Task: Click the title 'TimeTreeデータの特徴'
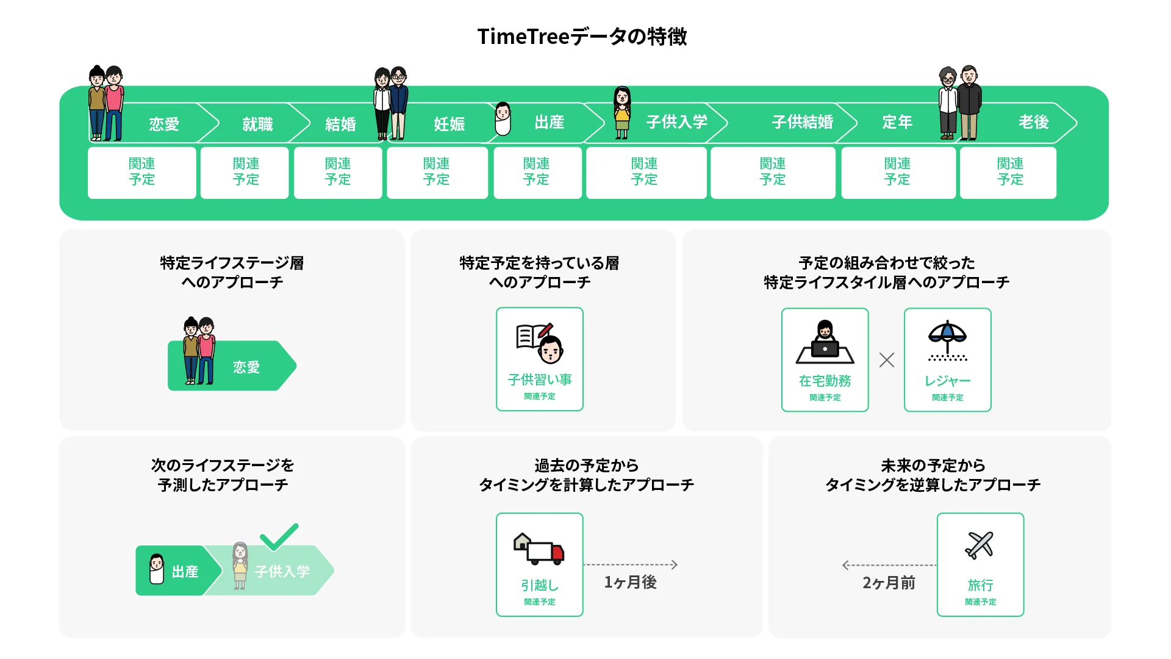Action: coord(582,37)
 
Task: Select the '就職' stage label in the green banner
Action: coord(257,124)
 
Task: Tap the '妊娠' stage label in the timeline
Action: coord(449,124)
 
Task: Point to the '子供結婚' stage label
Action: coord(802,122)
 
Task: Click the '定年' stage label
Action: coord(897,122)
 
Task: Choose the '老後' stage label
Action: coord(1033,122)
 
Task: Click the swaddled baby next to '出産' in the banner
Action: coord(503,119)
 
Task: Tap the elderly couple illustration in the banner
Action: coord(960,103)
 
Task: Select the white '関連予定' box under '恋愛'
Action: coord(142,172)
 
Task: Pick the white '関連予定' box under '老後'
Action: coord(1009,172)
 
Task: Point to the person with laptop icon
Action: coord(825,342)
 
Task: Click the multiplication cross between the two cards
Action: coord(887,360)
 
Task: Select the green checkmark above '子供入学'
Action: coord(279,536)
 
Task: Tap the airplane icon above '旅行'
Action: coord(979,544)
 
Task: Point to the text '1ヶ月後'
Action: coord(630,582)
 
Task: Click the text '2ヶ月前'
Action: coord(889,583)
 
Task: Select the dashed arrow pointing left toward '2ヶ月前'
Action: coord(888,565)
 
